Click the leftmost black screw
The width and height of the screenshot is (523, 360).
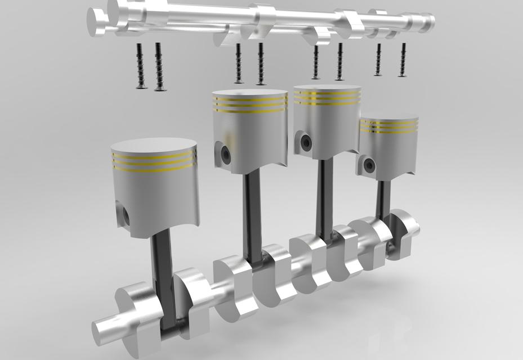[x=138, y=66]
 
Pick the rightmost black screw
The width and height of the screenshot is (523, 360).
[x=402, y=60]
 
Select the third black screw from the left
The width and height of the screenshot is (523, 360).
[x=239, y=63]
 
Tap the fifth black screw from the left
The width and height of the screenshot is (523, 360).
[x=316, y=62]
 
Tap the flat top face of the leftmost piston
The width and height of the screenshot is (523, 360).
[x=155, y=145]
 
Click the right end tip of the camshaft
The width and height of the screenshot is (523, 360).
[x=430, y=22]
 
